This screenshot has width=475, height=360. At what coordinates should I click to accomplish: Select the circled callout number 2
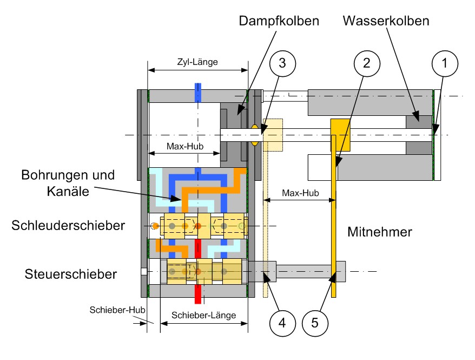pos(366,64)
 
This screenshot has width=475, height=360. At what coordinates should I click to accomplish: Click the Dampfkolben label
pos(279,22)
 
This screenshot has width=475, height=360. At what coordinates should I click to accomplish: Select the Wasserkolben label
pos(386,22)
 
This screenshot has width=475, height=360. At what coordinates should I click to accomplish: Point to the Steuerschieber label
pos(71,274)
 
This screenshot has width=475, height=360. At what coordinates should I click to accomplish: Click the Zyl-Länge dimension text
pos(198,62)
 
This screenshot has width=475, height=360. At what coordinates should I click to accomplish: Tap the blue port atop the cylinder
pos(198,93)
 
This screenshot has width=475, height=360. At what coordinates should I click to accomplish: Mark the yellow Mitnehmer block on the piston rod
pos(341,134)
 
